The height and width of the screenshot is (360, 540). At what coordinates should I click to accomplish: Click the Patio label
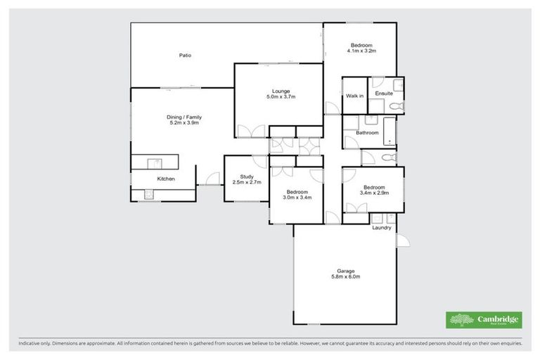[x=185, y=55]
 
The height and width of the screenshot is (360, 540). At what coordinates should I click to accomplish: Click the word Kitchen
[x=166, y=179]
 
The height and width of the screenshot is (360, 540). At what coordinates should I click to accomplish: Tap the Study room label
[x=246, y=176]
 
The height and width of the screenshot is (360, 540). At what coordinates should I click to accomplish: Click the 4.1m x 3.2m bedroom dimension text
[x=362, y=51]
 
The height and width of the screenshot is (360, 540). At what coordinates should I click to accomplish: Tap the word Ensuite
[x=384, y=94]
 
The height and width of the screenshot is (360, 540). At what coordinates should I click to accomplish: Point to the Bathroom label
[x=367, y=132]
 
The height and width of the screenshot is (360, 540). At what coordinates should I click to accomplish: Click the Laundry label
[x=382, y=227]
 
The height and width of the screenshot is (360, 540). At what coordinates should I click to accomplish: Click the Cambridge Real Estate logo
[x=484, y=320]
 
